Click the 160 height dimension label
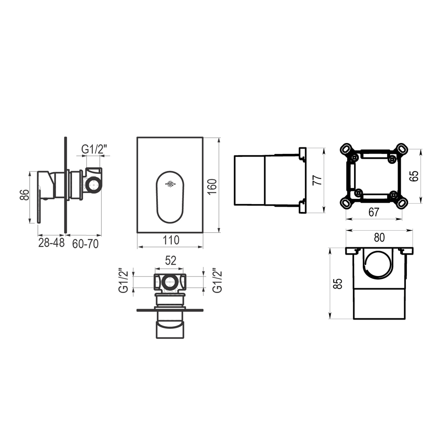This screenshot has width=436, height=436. pyautogui.click(x=212, y=187)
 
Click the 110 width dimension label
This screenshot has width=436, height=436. pyautogui.click(x=171, y=240)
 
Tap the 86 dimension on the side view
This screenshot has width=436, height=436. pyautogui.click(x=24, y=194)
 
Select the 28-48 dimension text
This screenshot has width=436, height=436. pyautogui.click(x=51, y=243)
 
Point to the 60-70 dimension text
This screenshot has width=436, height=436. pyautogui.click(x=85, y=244)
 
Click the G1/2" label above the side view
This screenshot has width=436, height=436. pyautogui.click(x=94, y=149)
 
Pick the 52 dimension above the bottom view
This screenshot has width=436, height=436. pyautogui.click(x=170, y=261)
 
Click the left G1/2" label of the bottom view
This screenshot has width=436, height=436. pyautogui.click(x=124, y=280)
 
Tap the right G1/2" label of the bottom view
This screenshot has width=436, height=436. pyautogui.click(x=218, y=280)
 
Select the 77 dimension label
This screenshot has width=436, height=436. pyautogui.click(x=317, y=180)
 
